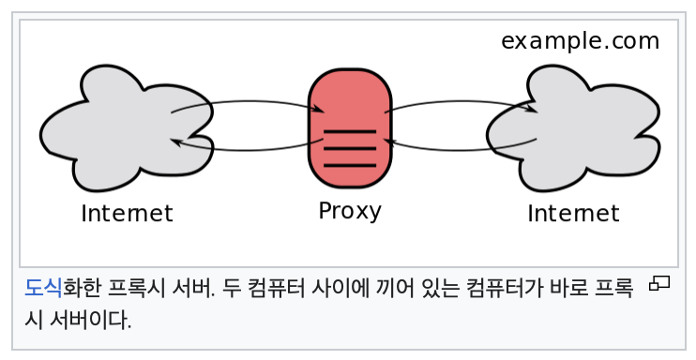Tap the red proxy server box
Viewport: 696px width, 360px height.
point(349,103)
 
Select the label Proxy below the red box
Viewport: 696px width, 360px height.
point(350,210)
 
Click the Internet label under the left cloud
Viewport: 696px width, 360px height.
point(127,214)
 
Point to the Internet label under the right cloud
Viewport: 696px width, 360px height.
point(573,214)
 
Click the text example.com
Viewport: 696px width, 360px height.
point(580,41)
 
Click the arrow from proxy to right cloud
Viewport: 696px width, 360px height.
point(460,101)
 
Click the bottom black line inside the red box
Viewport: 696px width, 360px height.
point(349,166)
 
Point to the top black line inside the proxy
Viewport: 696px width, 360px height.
point(349,130)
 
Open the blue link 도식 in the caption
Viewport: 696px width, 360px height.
point(43,287)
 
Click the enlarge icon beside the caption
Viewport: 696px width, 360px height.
point(659,283)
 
